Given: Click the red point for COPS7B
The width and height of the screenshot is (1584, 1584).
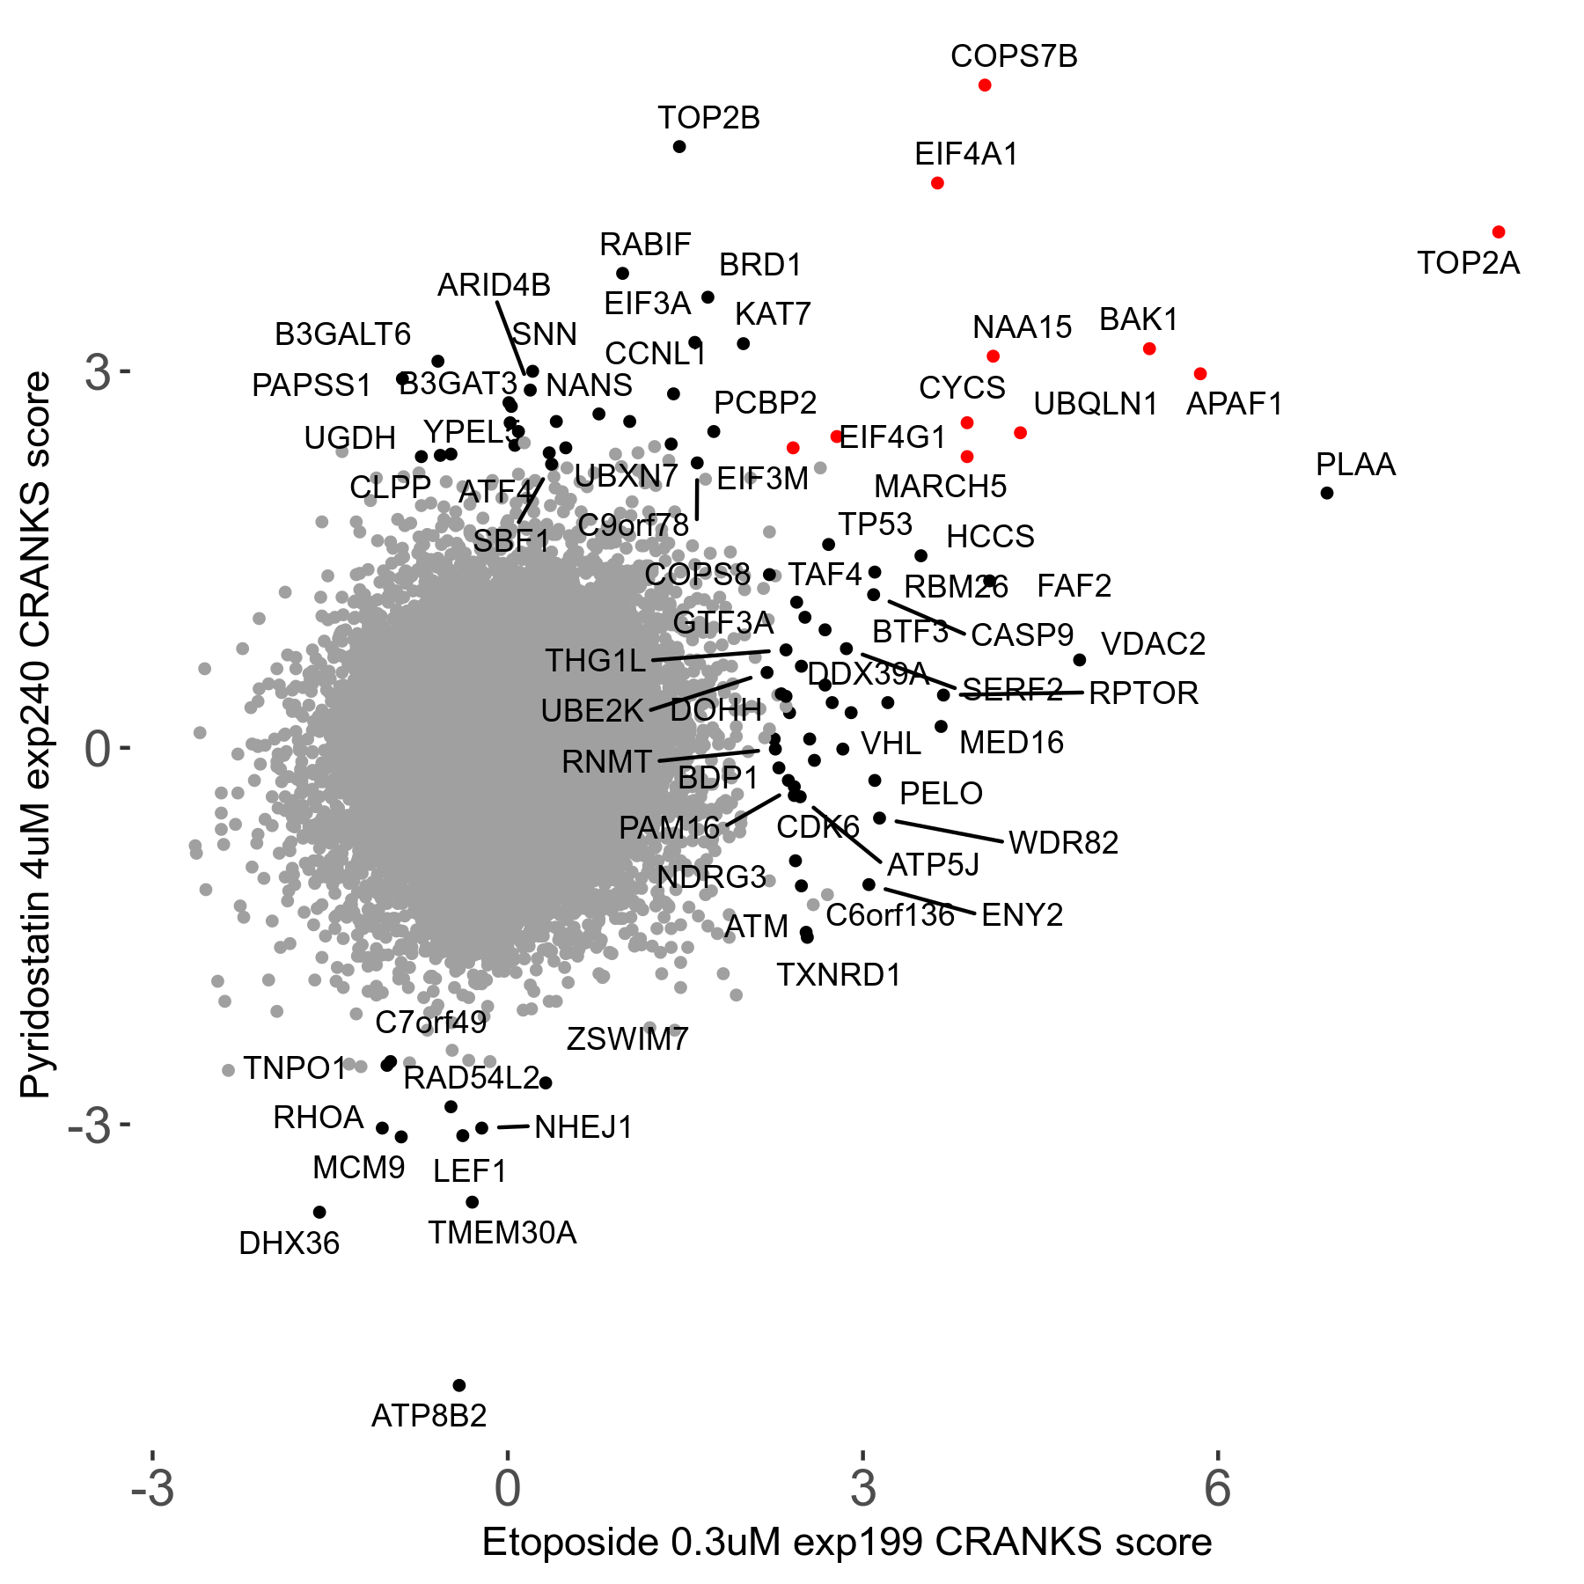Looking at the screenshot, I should pyautogui.click(x=985, y=85).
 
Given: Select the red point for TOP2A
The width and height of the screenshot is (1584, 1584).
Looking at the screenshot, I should pyautogui.click(x=1499, y=232).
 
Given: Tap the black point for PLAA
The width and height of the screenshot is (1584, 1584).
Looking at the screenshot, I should pyautogui.click(x=1327, y=493).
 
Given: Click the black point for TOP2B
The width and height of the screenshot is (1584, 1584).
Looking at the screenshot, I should pyautogui.click(x=679, y=147).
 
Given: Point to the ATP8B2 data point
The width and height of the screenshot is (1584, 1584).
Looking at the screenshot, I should pyautogui.click(x=458, y=1386).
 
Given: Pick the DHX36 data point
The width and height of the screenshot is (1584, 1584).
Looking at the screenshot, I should pyautogui.click(x=319, y=1213).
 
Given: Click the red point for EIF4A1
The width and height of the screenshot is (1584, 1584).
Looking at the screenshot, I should pyautogui.click(x=937, y=183).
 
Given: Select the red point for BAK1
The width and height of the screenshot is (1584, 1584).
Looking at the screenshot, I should pyautogui.click(x=1149, y=349).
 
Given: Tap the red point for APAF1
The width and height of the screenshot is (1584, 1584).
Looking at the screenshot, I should pyautogui.click(x=1200, y=374).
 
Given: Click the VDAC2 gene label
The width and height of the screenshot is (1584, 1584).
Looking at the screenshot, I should pyautogui.click(x=1153, y=644).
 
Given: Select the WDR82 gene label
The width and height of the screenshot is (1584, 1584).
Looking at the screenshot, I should pyautogui.click(x=1063, y=843).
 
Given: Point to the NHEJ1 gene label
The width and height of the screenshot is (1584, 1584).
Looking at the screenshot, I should pyautogui.click(x=583, y=1127).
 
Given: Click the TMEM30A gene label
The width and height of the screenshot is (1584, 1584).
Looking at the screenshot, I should pyautogui.click(x=502, y=1233).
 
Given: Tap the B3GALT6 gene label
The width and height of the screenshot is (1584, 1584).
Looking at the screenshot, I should pyautogui.click(x=343, y=334).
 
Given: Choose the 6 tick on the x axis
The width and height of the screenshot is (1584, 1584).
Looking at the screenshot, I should pyautogui.click(x=1217, y=1487).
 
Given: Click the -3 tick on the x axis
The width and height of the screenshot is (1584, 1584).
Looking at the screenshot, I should pyautogui.click(x=152, y=1487).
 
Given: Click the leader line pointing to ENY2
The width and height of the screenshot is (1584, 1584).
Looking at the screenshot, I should pyautogui.click(x=929, y=902).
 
